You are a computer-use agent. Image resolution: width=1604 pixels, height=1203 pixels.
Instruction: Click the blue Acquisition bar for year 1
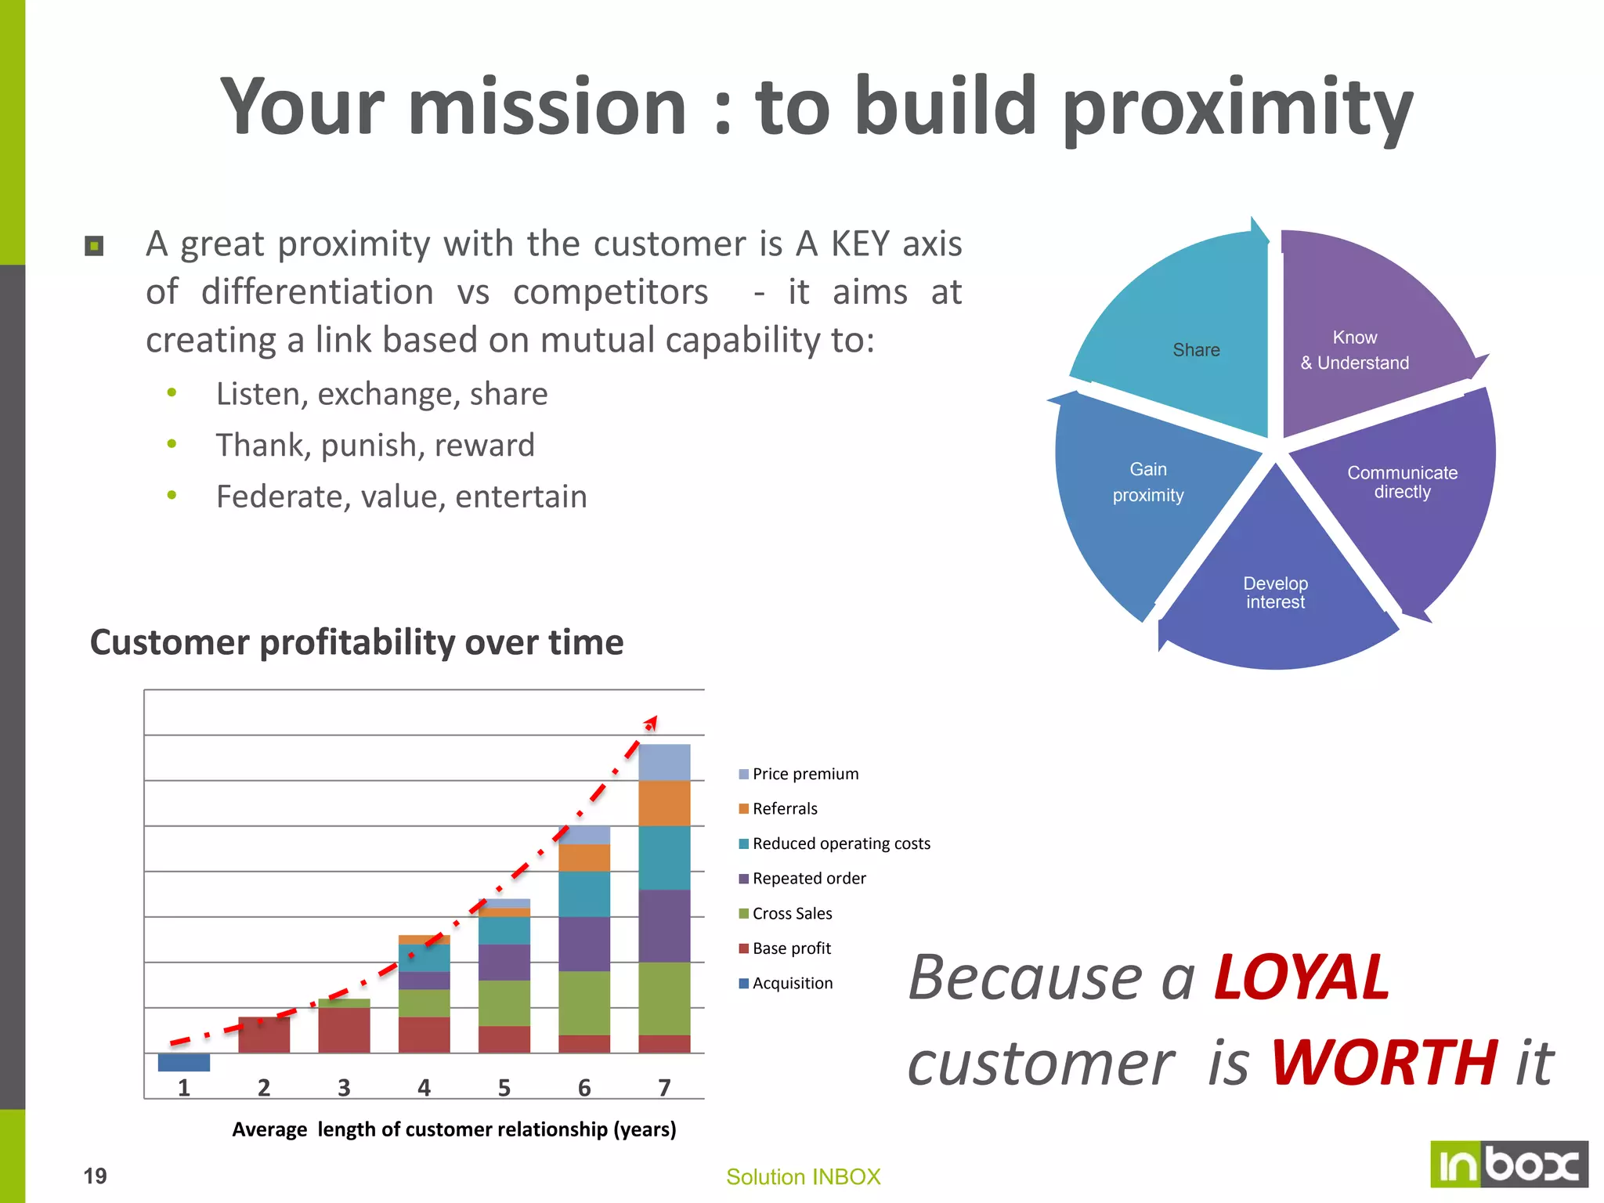click(183, 1062)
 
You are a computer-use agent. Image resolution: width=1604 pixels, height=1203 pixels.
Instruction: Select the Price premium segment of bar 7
click(664, 762)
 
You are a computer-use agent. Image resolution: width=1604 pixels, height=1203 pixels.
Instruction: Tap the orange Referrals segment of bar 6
click(584, 858)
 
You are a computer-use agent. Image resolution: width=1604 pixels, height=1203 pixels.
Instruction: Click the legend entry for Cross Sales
click(791, 913)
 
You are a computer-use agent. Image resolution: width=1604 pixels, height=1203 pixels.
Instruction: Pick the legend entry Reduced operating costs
click(840, 844)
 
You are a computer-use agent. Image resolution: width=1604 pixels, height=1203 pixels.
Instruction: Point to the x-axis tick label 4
click(424, 1087)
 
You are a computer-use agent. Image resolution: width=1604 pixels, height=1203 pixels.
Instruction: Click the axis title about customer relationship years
click(453, 1129)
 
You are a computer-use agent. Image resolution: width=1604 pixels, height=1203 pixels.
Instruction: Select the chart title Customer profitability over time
click(356, 642)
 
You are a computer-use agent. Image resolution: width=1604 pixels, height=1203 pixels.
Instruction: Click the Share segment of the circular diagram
click(1195, 349)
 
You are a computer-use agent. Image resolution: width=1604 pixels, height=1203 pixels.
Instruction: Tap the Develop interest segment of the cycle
click(1275, 593)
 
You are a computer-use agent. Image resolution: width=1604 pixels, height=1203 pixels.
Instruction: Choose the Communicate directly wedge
click(1402, 482)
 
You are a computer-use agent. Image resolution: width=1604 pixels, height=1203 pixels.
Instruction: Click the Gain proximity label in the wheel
click(1148, 482)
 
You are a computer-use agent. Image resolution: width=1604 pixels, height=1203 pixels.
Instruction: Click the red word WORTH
click(1384, 1062)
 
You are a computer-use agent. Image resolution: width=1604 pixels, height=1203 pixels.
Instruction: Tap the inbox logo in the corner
click(1508, 1165)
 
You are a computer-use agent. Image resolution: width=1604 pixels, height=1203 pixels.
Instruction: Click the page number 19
click(95, 1176)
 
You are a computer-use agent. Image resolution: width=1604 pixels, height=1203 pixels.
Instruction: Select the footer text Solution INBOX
click(803, 1176)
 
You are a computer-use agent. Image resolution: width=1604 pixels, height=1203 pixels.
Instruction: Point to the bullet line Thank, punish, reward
click(375, 445)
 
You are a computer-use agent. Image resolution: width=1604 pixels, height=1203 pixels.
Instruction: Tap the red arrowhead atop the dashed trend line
click(651, 722)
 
